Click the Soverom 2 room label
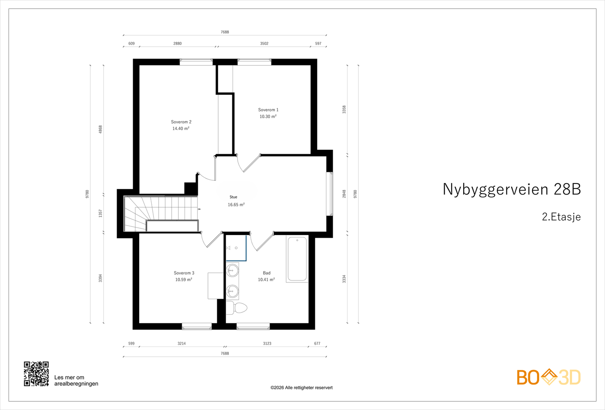tap(181, 122)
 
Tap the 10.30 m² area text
tap(268, 117)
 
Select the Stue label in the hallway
tap(233, 197)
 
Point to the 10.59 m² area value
tap(183, 280)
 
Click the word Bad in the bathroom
tap(267, 273)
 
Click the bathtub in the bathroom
tap(297, 259)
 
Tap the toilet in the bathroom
tap(237, 308)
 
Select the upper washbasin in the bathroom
tap(232, 271)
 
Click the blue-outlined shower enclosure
tap(236, 248)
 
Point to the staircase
tap(159, 214)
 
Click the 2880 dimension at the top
tap(177, 43)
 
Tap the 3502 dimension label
tap(264, 43)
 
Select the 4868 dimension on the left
tap(101, 129)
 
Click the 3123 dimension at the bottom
tap(267, 343)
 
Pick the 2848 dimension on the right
tap(344, 194)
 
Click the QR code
tap(36, 374)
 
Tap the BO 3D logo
tap(549, 377)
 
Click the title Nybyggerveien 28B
tap(511, 189)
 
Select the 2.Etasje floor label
tap(561, 217)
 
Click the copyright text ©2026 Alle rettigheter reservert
tap(301, 388)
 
